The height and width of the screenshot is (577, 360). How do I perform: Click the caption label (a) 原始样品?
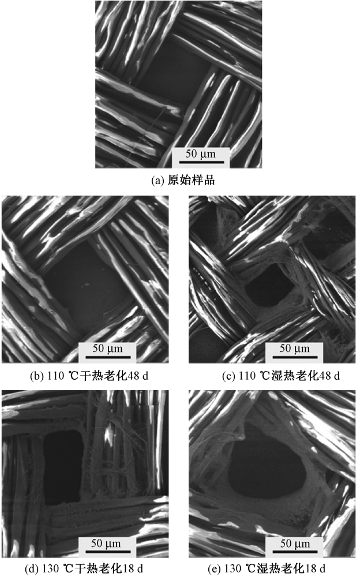coord(183,180)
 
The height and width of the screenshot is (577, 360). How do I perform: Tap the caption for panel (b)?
coord(89,376)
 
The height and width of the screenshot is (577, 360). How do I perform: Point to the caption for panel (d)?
coord(84,568)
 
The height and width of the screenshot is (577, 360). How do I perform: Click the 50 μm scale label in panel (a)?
coord(201,153)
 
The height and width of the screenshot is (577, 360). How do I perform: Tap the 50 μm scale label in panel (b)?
coord(107,348)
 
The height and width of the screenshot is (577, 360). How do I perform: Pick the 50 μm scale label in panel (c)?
coord(294,348)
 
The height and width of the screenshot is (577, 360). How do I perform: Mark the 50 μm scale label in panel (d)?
coord(106,543)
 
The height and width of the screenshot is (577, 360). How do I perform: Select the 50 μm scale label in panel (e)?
coord(295,543)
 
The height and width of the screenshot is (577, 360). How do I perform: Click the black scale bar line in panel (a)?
coord(201,162)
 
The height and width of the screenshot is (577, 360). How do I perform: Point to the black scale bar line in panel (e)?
coord(295,552)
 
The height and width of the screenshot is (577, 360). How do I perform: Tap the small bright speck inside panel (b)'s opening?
coord(87,284)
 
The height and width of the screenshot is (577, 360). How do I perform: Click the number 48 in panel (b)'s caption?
coord(133,376)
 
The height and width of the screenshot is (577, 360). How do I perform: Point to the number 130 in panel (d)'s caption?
coord(50,568)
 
